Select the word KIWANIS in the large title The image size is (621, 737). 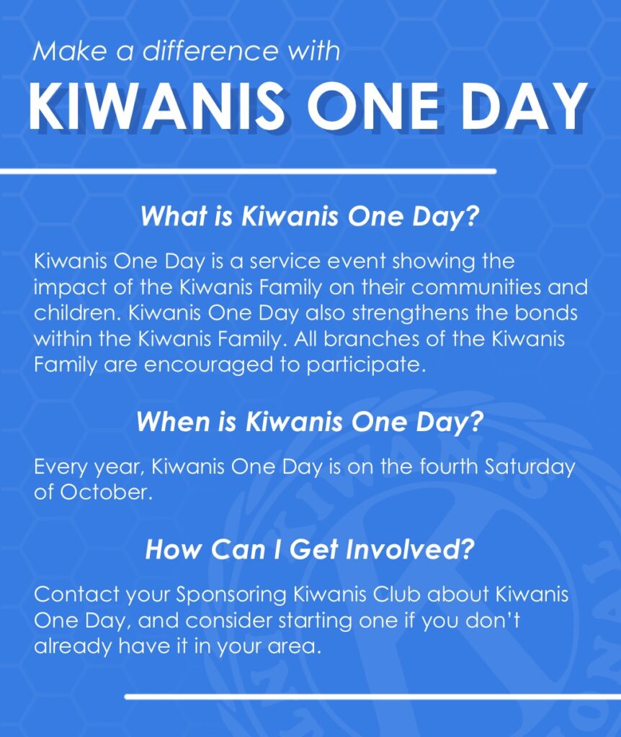[156, 107]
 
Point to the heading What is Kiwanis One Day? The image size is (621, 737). [310, 216]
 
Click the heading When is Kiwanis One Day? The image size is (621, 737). [310, 422]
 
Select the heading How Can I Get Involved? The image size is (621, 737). [310, 549]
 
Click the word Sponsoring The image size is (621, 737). [231, 595]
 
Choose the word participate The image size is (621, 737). [366, 366]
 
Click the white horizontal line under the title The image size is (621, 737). [249, 171]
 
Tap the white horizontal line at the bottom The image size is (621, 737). [372, 697]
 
